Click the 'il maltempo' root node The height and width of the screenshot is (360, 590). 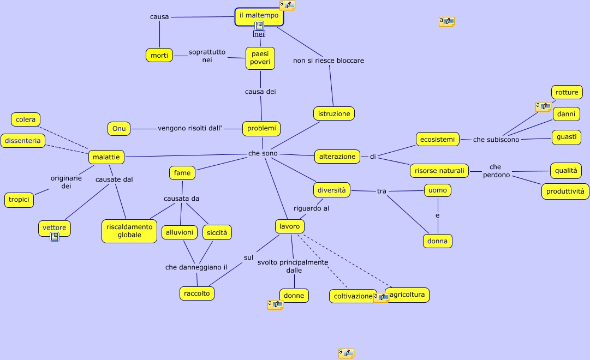259,15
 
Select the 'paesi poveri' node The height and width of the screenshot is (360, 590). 260,57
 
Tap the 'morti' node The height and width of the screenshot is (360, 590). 159,55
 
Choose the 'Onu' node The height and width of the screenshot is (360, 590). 119,129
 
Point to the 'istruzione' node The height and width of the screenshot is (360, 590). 334,113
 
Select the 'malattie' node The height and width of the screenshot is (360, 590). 106,157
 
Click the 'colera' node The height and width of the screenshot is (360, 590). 26,119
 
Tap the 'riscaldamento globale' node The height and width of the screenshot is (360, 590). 129,231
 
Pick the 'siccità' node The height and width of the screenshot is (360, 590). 217,232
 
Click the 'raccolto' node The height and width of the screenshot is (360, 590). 197,293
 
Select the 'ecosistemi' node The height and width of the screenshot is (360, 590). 437,139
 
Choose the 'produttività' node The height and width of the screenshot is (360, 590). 565,191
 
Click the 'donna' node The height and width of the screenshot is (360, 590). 437,241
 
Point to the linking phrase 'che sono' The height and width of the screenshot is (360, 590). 263,154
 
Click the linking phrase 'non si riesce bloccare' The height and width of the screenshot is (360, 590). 329,61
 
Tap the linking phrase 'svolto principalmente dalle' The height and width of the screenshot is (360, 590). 293,266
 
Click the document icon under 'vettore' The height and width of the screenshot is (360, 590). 55,237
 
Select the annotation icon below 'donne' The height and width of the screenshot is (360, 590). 275,305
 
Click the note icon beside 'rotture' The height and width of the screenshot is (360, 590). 543,106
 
